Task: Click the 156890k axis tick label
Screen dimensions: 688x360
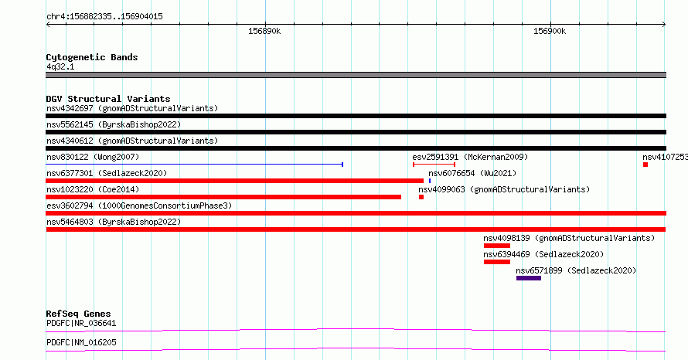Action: (264, 31)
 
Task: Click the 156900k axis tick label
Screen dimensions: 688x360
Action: (550, 31)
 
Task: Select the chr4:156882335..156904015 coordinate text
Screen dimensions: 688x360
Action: (104, 17)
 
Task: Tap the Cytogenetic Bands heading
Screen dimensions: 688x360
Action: (92, 57)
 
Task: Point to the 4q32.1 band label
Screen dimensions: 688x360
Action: (60, 66)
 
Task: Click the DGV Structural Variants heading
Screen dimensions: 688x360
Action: (108, 99)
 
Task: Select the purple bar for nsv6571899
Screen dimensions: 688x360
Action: (529, 278)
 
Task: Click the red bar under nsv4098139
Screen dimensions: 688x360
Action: (497, 246)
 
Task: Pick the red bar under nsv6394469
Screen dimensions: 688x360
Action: (497, 262)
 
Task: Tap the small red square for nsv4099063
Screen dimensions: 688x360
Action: (421, 197)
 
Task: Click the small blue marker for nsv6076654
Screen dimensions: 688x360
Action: (430, 181)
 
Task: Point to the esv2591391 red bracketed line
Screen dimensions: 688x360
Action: (434, 165)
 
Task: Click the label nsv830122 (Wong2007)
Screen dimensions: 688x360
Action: (93, 157)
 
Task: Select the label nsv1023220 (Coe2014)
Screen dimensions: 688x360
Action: (93, 189)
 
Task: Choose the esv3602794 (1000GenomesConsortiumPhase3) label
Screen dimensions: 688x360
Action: (139, 205)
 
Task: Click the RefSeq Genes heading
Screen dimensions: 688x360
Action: (78, 314)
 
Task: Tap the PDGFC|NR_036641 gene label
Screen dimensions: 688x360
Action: (81, 323)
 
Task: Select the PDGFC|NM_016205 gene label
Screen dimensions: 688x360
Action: (81, 342)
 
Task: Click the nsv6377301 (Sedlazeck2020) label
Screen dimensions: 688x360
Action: (107, 173)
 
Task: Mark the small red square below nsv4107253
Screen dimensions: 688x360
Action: (645, 165)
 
